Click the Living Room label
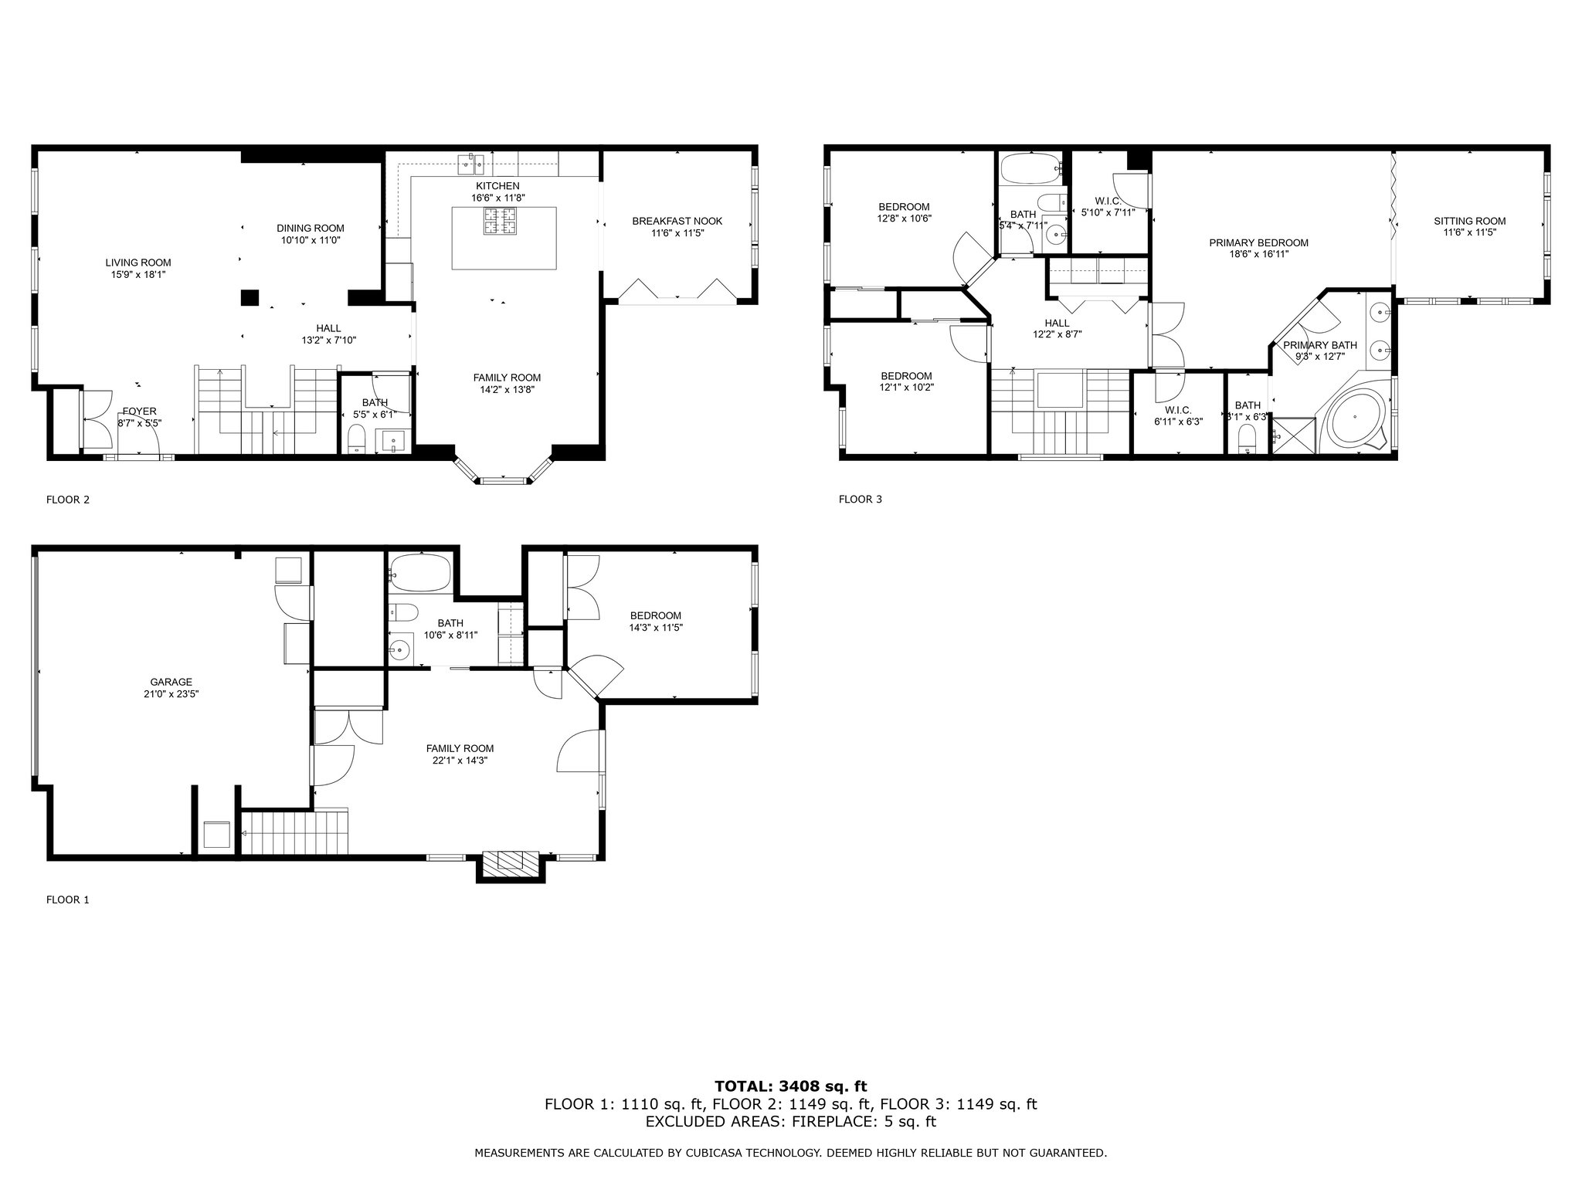click(138, 263)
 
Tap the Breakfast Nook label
click(677, 221)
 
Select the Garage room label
click(171, 682)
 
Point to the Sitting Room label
click(1470, 221)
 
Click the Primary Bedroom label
click(1259, 242)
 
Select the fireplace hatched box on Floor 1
click(510, 860)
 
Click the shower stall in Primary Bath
click(1294, 435)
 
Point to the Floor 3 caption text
click(860, 500)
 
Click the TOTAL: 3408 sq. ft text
click(790, 1086)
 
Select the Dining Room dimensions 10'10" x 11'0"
click(310, 240)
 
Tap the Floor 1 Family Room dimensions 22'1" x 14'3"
click(460, 760)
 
